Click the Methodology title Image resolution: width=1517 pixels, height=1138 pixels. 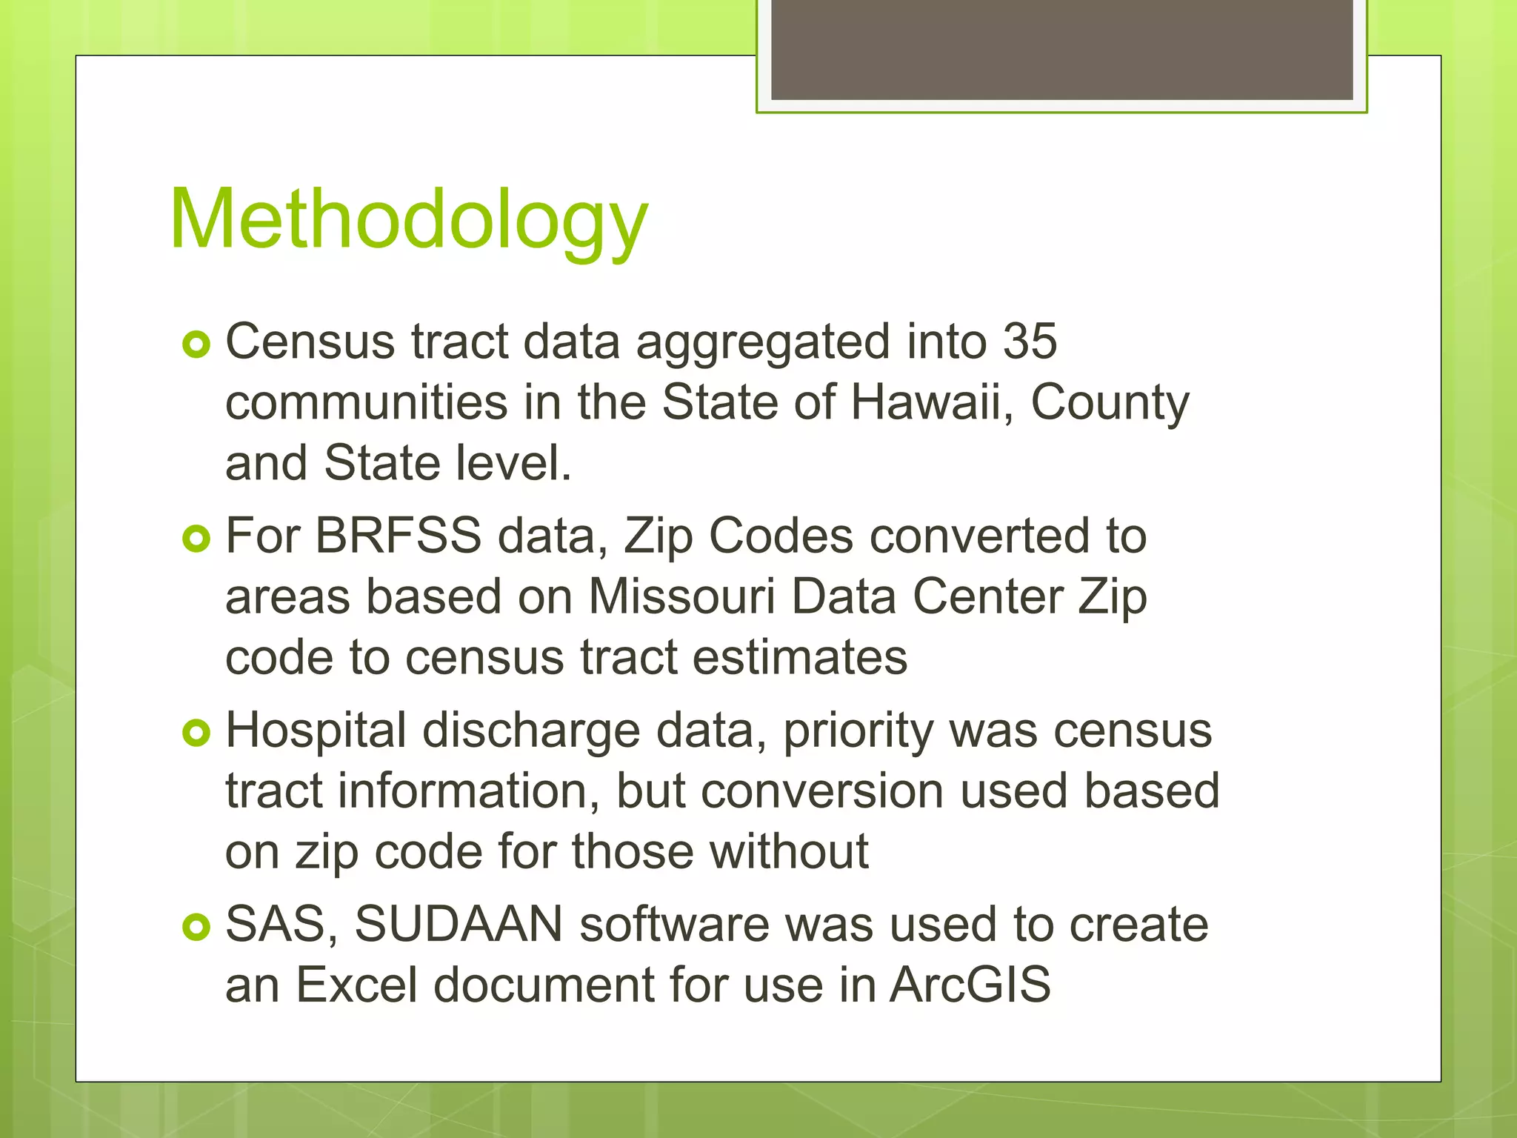(x=409, y=220)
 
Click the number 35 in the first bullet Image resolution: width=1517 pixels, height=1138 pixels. (x=1030, y=342)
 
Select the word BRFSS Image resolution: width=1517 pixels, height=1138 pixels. (x=398, y=536)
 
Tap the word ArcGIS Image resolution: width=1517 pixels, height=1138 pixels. (x=970, y=985)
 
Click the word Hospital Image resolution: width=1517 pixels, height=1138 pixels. (x=316, y=731)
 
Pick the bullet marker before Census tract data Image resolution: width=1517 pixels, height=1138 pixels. (x=196, y=345)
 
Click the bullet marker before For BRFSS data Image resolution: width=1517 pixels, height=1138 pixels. (x=196, y=539)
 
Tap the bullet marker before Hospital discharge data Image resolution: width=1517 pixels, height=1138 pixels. (x=196, y=733)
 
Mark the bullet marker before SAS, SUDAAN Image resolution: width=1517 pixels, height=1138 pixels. (x=196, y=927)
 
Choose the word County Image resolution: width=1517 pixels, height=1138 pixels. (x=1110, y=404)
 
